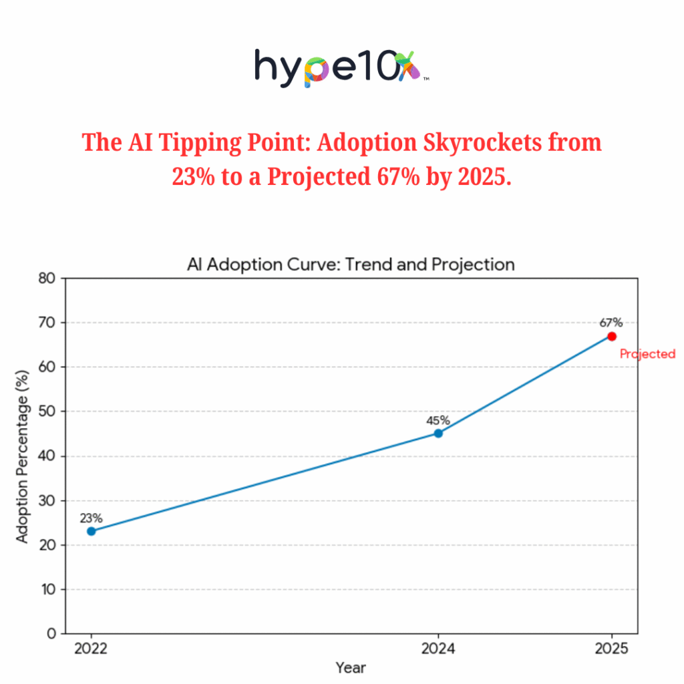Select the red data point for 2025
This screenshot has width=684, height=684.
pyautogui.click(x=612, y=336)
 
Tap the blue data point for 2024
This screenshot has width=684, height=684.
pyautogui.click(x=438, y=433)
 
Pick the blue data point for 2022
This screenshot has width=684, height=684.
pyautogui.click(x=92, y=531)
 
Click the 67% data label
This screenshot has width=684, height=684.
pyautogui.click(x=611, y=323)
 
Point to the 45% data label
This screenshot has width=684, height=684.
pyautogui.click(x=438, y=420)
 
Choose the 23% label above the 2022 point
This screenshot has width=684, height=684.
pyautogui.click(x=92, y=518)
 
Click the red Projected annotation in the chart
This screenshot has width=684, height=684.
pyautogui.click(x=647, y=354)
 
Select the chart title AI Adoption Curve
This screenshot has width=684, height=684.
pyautogui.click(x=351, y=265)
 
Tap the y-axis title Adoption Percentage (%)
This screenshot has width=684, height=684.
pyautogui.click(x=23, y=456)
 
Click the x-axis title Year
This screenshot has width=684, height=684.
pyautogui.click(x=351, y=667)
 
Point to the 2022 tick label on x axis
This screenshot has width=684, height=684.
pyautogui.click(x=92, y=649)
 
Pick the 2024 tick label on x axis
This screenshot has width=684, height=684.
pyautogui.click(x=438, y=649)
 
